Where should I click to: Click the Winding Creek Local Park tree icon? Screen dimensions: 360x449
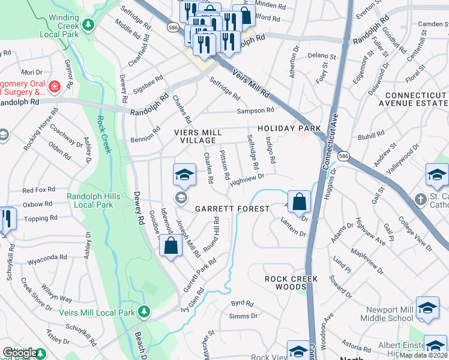[89, 25]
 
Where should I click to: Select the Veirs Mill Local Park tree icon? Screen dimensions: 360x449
[143, 312]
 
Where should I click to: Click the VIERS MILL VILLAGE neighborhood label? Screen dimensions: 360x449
[197, 136]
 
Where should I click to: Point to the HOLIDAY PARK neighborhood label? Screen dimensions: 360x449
[289, 128]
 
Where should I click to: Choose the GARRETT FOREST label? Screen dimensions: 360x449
[232, 209]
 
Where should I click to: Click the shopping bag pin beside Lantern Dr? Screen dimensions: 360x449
[299, 202]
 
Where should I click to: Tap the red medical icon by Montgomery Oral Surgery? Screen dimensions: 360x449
[55, 86]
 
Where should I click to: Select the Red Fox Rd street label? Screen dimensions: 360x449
[38, 190]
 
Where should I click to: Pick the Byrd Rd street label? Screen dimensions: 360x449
[239, 304]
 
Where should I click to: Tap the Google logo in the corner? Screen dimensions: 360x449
[19, 353]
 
